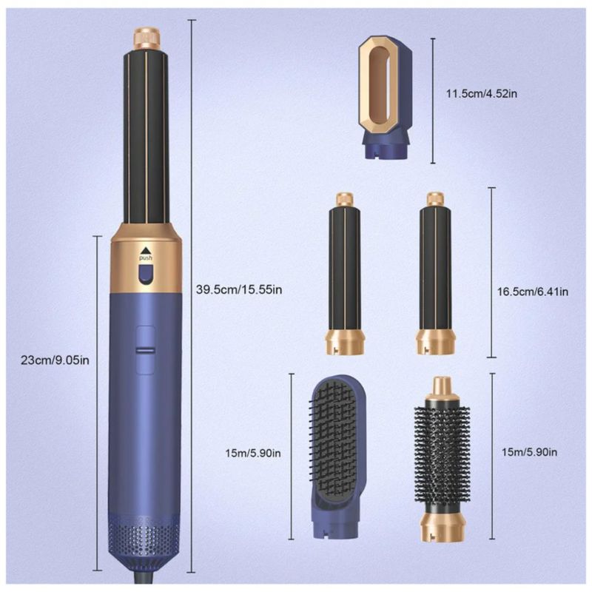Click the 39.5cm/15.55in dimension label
(239, 290)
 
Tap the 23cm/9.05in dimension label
(55, 360)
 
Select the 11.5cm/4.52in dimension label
(482, 93)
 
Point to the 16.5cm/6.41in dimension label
(533, 292)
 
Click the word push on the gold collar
(146, 258)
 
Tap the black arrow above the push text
(145, 251)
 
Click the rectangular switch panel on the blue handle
(145, 350)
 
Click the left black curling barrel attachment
(345, 274)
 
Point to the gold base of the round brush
(441, 524)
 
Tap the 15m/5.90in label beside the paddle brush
(253, 453)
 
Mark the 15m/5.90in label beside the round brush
(529, 452)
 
